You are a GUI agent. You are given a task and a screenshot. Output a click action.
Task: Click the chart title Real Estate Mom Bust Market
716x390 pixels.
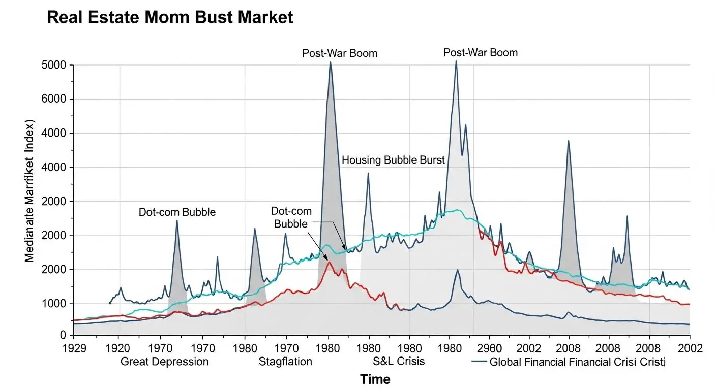[x=170, y=18]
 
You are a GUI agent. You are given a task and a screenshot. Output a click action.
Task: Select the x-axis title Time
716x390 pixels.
[x=375, y=379]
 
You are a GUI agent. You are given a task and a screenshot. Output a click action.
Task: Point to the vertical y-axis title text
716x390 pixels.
[x=29, y=191]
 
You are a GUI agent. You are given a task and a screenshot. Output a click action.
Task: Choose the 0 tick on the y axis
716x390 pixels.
[x=63, y=335]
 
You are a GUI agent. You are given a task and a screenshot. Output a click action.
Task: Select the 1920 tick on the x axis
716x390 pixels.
[x=118, y=349]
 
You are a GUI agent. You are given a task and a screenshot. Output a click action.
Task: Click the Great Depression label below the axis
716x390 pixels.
[x=164, y=362]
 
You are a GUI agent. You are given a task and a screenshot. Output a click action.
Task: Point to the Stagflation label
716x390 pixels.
[x=285, y=362]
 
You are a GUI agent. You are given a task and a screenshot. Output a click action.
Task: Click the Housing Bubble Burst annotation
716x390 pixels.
[x=393, y=160]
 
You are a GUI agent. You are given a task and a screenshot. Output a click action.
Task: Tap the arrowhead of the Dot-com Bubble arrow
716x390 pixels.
[x=346, y=250]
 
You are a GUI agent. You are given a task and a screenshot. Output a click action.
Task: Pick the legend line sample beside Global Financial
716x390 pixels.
[x=479, y=362]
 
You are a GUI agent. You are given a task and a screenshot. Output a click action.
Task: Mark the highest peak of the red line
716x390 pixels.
[x=329, y=262]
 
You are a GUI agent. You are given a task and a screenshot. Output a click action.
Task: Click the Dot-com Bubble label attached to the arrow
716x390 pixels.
[x=291, y=217]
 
